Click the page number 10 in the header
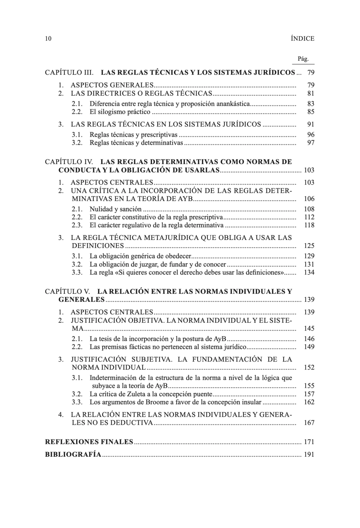click(48, 39)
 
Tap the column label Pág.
click(303, 59)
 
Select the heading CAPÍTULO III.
click(69, 73)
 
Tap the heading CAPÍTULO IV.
click(69, 162)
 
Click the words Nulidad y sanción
click(115, 209)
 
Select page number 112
click(309, 217)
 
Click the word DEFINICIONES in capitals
click(98, 246)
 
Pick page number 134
click(309, 272)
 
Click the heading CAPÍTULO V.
click(67, 291)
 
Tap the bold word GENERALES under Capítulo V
click(81, 300)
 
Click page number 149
click(309, 347)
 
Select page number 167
click(309, 423)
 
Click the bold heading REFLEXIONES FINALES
click(89, 442)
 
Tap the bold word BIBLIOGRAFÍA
click(73, 455)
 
